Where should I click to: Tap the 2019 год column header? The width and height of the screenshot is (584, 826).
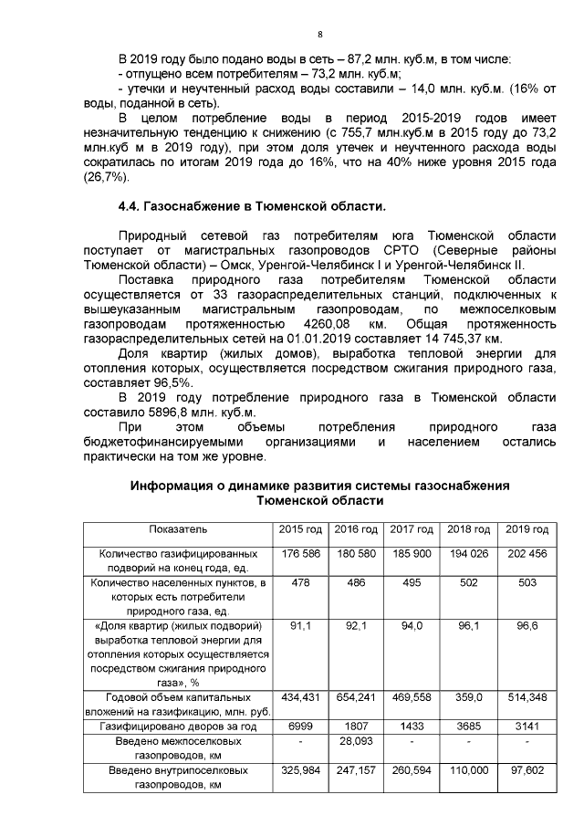(x=526, y=529)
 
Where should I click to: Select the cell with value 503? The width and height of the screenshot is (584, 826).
(x=526, y=583)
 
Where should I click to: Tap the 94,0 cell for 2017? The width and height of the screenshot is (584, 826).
(x=413, y=626)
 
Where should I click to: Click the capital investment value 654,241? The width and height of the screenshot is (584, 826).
(x=357, y=697)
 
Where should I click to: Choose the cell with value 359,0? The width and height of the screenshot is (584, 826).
(x=469, y=697)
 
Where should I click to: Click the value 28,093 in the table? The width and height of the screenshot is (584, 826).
(x=357, y=741)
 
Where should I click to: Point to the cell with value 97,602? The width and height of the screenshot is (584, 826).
(x=526, y=770)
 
